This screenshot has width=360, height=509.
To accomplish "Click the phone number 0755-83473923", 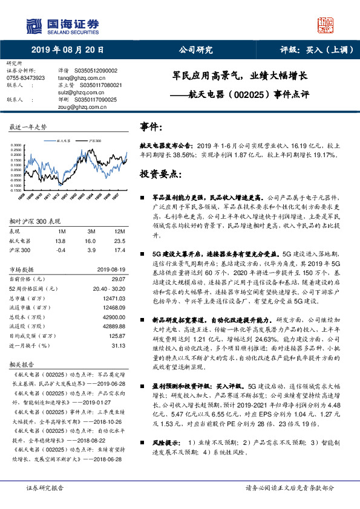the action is click(x=25, y=78).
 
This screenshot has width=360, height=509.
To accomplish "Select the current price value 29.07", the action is click(x=110, y=279).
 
